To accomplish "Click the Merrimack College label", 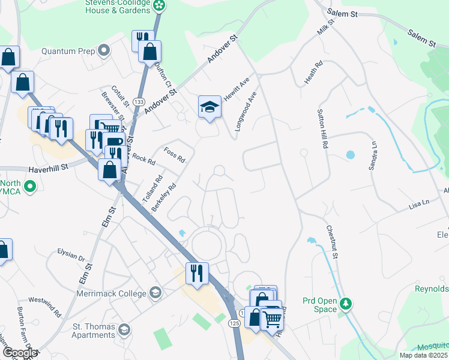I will point(111,294).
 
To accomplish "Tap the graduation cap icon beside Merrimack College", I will point(155,292).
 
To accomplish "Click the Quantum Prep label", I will point(68,51).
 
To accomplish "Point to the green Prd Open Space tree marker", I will point(345,303).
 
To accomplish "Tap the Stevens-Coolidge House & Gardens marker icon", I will point(160,6).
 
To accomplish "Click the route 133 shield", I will point(139,102).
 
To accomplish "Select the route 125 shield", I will point(234,323).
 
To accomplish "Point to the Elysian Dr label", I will point(71,259).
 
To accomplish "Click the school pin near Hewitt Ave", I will point(209,107).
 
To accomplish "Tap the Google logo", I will point(19,353).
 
